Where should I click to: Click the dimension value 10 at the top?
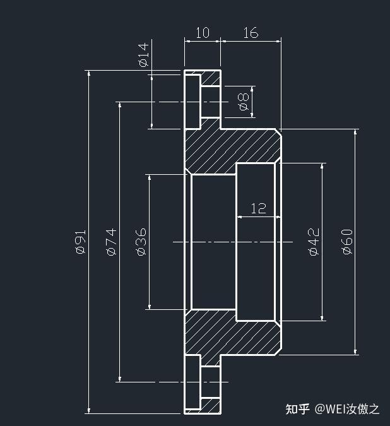[x=202, y=33]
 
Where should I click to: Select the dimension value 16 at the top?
[x=251, y=33]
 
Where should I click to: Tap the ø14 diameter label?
[x=143, y=55]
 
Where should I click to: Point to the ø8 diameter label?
[x=244, y=101]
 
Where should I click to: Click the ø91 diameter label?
[x=80, y=242]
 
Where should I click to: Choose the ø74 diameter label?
[x=110, y=242]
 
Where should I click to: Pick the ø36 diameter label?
[x=141, y=242]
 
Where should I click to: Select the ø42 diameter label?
[x=314, y=242]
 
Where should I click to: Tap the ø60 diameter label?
[x=346, y=242]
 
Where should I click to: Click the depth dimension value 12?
[x=258, y=208]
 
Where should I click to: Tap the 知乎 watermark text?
[x=298, y=409]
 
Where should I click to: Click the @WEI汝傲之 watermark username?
[x=348, y=409]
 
